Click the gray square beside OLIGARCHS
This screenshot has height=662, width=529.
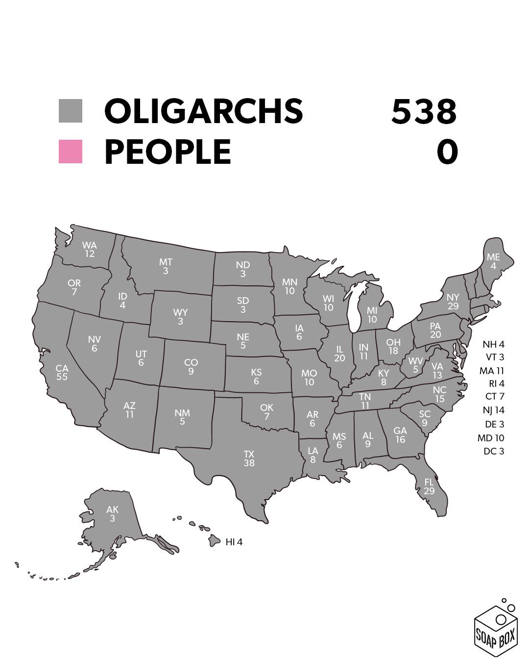point(71,111)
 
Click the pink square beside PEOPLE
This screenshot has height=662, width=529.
point(71,152)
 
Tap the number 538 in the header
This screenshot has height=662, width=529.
point(424,111)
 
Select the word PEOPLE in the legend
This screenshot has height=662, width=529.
point(168,152)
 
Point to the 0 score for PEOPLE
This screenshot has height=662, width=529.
point(447,152)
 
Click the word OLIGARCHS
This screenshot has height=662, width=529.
point(203,111)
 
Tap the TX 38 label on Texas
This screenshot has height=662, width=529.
point(249,458)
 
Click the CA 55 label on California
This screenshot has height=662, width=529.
point(62,372)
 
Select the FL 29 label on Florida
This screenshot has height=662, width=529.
point(429,486)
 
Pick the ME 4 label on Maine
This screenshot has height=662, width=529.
point(493,261)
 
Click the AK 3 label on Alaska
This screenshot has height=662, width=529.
point(112,514)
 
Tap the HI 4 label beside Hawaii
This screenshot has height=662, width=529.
point(234,542)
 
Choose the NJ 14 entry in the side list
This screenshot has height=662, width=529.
point(493,410)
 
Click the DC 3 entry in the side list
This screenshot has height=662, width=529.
point(494,451)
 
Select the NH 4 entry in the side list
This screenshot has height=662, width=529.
point(493,345)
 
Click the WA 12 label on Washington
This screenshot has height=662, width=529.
point(89,249)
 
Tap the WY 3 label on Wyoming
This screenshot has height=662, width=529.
point(180,317)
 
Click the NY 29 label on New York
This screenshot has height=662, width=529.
point(453,302)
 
